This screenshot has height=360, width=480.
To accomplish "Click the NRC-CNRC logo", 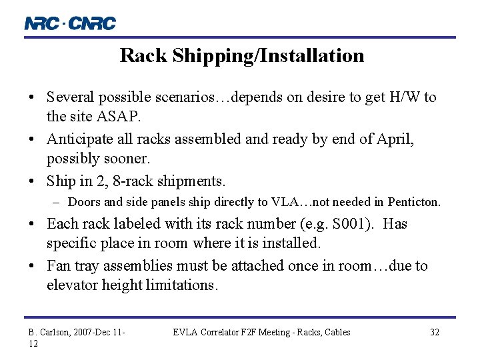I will point(70,23).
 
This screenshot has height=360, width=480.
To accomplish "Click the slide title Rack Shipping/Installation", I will point(242,55).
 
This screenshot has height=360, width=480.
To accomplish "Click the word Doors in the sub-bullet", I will point(83,201).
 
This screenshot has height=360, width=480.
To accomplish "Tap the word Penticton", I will point(413,201).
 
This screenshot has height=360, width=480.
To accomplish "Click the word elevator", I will point(72,285).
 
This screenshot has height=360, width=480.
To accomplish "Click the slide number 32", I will point(434,332).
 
